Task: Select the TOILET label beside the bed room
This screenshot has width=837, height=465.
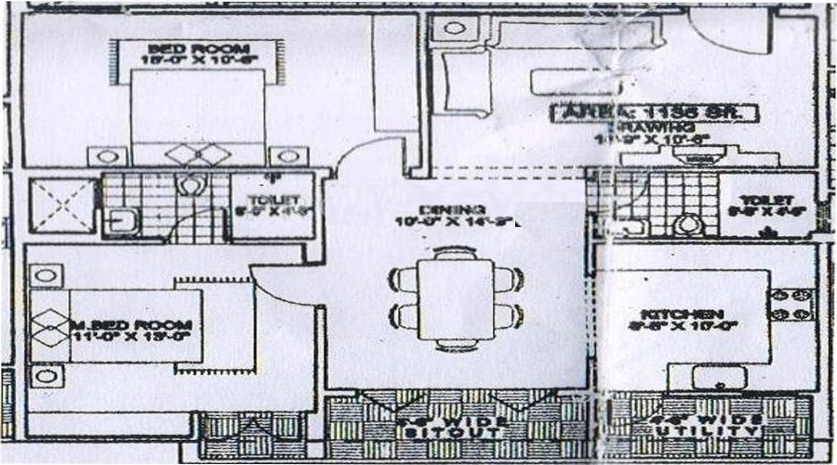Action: (x=272, y=200)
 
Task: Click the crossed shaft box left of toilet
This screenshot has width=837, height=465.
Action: (x=63, y=206)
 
